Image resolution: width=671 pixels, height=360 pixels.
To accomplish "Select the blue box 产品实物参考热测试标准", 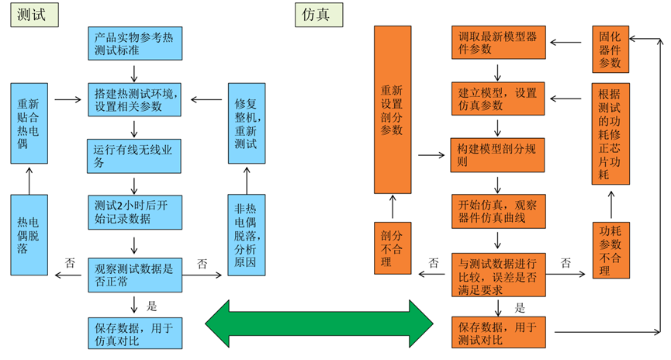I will tap(134, 43).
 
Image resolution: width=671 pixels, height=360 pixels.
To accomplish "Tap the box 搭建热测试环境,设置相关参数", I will tap(134, 99).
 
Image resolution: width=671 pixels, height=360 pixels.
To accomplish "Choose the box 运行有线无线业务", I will tap(134, 154).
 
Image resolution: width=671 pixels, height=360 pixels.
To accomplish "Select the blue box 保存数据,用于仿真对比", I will tap(134, 332).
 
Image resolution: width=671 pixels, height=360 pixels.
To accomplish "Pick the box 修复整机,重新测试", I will tap(247, 122).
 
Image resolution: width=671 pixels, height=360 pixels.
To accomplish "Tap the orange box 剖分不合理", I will tap(392, 247).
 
